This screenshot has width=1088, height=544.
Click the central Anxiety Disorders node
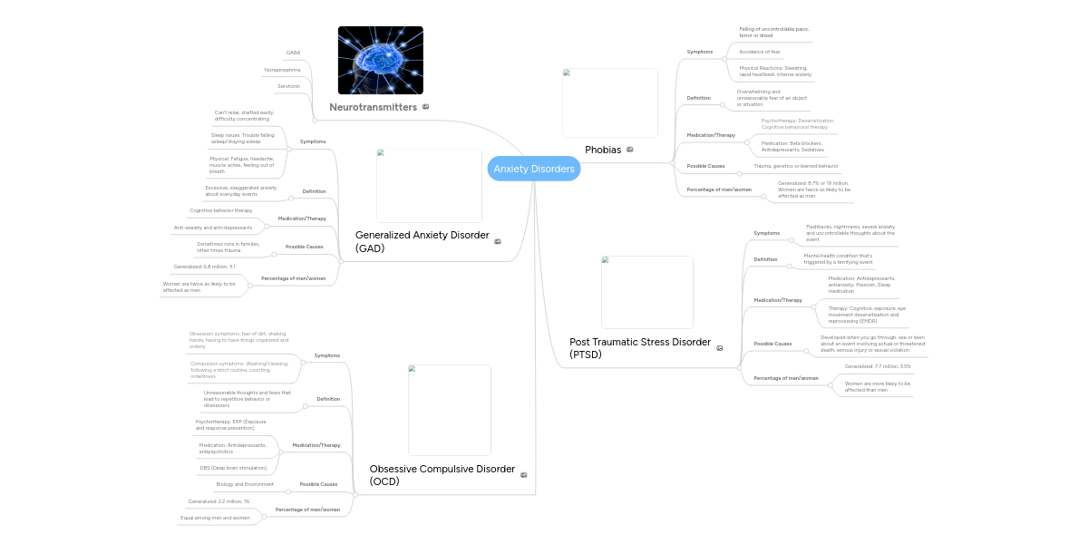[533, 169]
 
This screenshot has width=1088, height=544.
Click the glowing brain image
[380, 60]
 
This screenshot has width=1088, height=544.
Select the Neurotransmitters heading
[373, 107]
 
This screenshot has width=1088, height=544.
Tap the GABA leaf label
[293, 53]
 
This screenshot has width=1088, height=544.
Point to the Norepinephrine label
[282, 70]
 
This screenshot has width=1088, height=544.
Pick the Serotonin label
[288, 86]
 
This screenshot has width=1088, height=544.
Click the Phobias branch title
[603, 150]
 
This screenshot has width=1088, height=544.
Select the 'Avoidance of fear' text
[760, 52]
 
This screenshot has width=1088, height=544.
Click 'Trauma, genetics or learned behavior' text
[796, 166]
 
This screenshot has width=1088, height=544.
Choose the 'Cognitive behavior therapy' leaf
[220, 210]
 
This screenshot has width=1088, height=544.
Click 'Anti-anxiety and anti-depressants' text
[213, 228]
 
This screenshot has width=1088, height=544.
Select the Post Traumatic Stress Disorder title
[639, 348]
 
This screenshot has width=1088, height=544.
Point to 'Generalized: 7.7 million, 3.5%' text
[878, 366]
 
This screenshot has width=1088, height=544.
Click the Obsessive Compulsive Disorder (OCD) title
[442, 475]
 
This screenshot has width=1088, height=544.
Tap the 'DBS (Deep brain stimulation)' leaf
[233, 468]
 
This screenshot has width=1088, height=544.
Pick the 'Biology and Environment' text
[245, 484]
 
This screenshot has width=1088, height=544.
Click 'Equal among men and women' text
[215, 518]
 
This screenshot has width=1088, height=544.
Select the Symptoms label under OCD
[326, 355]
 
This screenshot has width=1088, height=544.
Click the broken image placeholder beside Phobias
[609, 102]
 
